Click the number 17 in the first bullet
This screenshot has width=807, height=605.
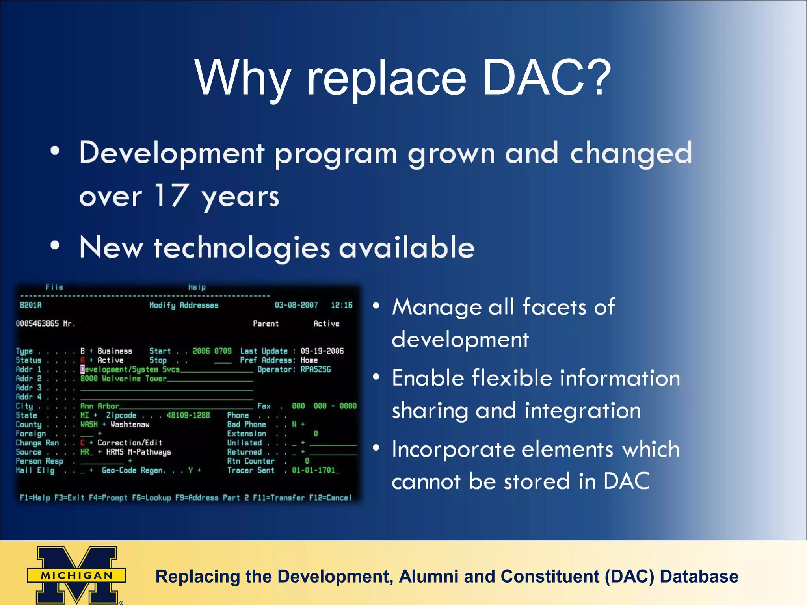click(x=171, y=195)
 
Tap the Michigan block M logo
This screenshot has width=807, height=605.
click(x=77, y=574)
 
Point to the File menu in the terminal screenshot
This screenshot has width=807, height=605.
click(x=54, y=287)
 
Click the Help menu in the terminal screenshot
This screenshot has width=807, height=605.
click(x=197, y=287)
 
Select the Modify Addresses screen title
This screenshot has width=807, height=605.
click(x=184, y=305)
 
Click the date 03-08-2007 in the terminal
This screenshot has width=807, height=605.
click(x=296, y=305)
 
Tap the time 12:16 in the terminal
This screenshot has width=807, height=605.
click(x=342, y=305)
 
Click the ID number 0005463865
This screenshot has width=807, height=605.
click(x=37, y=323)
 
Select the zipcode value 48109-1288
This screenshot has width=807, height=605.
click(x=188, y=415)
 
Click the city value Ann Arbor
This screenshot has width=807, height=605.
click(x=99, y=406)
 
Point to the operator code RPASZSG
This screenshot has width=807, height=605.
click(x=316, y=369)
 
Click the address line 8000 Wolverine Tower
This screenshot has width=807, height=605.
click(x=123, y=379)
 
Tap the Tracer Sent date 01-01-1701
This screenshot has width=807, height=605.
click(x=313, y=470)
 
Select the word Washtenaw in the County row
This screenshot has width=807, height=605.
click(x=130, y=425)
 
